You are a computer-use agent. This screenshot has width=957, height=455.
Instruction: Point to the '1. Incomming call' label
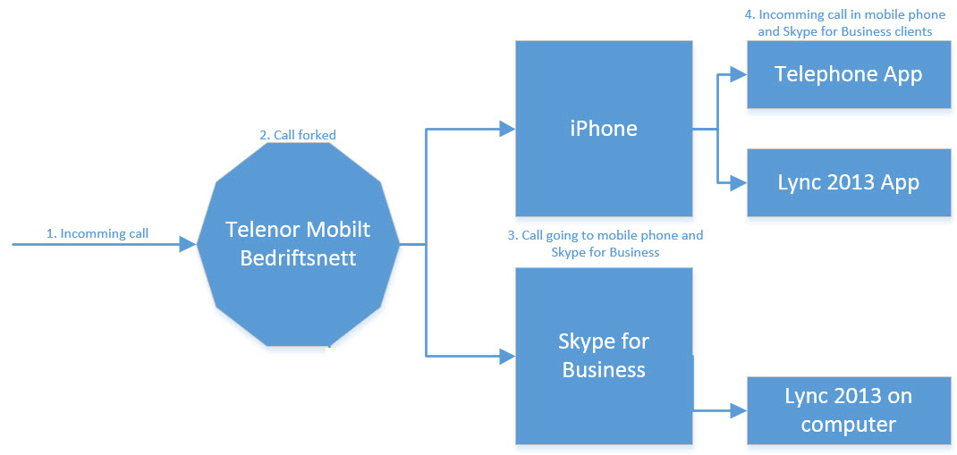(x=97, y=233)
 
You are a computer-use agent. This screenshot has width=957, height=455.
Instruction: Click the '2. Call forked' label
(x=298, y=135)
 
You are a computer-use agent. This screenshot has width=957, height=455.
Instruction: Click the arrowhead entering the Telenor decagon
(x=188, y=243)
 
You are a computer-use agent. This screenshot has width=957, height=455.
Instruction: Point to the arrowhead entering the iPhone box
(x=507, y=129)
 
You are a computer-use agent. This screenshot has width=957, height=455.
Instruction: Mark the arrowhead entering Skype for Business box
(x=507, y=357)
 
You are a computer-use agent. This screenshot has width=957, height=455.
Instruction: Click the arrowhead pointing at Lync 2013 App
(x=739, y=183)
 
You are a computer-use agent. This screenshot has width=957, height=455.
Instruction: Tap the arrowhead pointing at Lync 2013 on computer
(x=739, y=411)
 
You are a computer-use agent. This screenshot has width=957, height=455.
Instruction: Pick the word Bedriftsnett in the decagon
(x=298, y=259)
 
